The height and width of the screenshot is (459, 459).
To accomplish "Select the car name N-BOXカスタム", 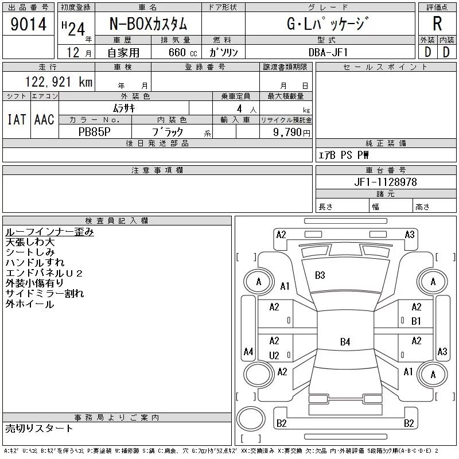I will click(148, 24).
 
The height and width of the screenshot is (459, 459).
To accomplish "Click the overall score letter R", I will click(437, 24).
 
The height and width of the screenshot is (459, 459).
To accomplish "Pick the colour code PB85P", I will click(95, 132).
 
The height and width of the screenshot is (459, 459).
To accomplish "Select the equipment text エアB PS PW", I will click(344, 155).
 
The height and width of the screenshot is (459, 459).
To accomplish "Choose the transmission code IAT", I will click(16, 120).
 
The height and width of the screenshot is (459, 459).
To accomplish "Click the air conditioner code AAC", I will click(44, 120).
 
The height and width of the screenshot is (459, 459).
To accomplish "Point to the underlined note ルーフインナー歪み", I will click(49, 232).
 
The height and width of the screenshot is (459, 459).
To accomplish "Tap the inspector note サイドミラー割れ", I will click(45, 294).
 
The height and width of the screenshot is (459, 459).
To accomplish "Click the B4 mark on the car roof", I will click(345, 342).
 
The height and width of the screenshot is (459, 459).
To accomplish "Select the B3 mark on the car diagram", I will click(320, 275).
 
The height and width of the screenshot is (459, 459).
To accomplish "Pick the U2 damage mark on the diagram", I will click(274, 356).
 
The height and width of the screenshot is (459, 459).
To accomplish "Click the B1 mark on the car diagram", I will click(417, 321).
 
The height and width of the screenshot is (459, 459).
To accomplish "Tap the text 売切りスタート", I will click(40, 428).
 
